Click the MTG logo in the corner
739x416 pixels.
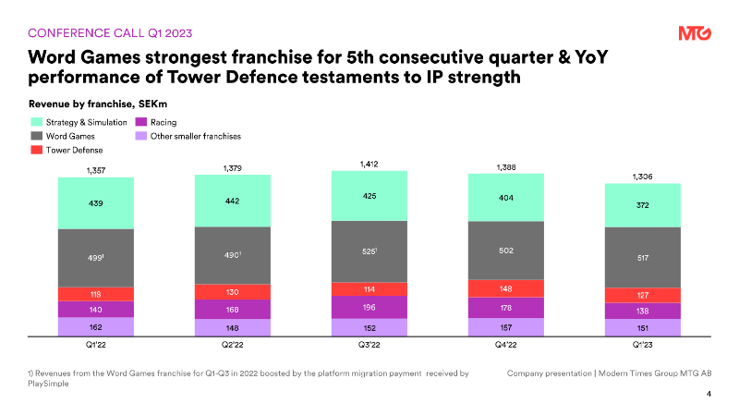[694, 33]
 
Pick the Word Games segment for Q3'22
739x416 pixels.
[369, 251]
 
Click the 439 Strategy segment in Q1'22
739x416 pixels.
[95, 203]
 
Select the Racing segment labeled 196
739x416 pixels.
[369, 307]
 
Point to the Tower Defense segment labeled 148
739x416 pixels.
[506, 288]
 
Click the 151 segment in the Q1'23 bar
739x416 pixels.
[643, 327]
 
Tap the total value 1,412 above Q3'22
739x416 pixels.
[369, 164]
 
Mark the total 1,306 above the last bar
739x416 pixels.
[643, 176]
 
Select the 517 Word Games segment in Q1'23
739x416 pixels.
[643, 257]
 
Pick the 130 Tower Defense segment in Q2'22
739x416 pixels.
[233, 291]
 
